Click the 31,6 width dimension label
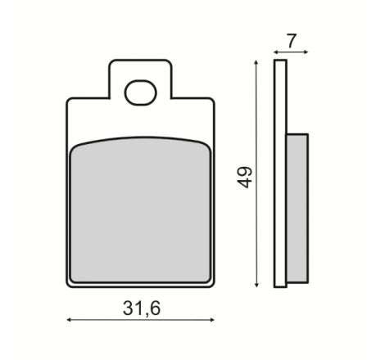[142, 308]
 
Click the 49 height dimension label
[244, 178]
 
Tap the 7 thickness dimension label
[292, 41]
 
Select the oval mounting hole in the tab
[141, 92]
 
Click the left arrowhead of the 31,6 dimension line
[69, 320]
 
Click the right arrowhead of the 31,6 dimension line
[212, 320]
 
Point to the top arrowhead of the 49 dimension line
[256, 62]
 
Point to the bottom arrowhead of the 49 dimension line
[256, 285]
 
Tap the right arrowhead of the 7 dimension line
[306, 52]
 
